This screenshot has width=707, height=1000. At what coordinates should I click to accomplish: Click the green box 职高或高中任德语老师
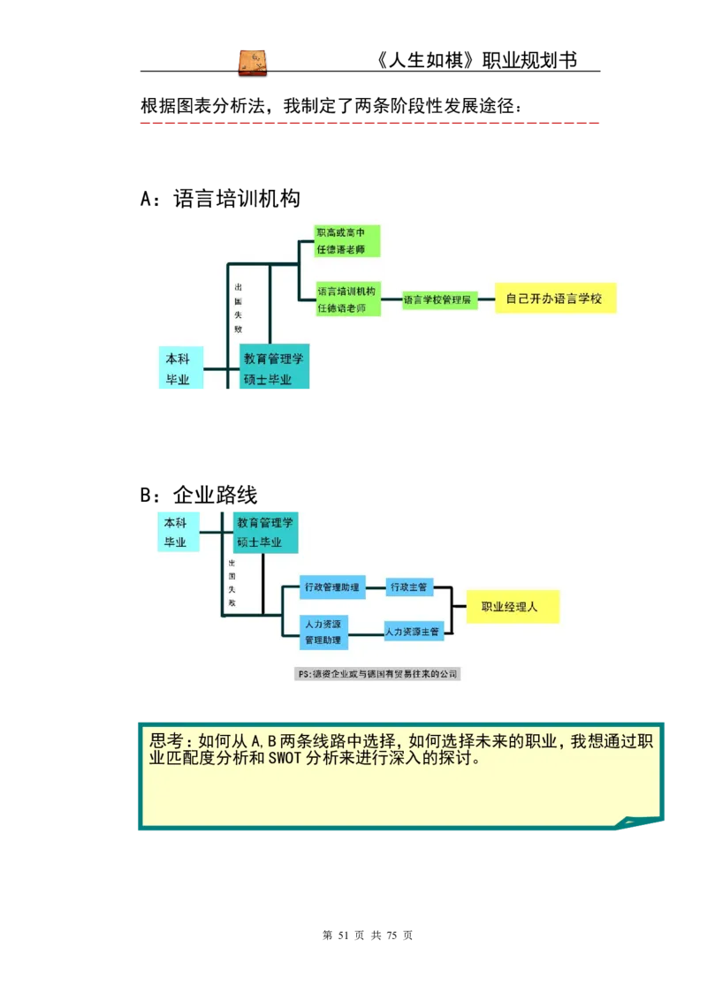(x=347, y=240)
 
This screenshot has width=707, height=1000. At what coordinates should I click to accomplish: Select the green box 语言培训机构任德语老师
(x=347, y=299)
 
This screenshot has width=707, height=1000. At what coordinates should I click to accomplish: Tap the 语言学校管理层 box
(x=438, y=300)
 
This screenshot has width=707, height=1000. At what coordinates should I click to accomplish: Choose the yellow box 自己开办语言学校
(x=554, y=299)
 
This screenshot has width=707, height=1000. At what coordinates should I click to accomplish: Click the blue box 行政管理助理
(x=331, y=587)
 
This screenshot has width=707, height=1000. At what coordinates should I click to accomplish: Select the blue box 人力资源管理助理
(x=323, y=631)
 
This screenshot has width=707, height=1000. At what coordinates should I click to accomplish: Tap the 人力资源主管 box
(x=412, y=632)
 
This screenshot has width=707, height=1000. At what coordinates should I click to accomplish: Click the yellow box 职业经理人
(x=513, y=608)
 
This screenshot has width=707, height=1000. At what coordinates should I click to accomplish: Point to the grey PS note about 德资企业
(x=378, y=674)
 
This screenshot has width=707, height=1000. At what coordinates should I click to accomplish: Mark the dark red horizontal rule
(x=368, y=124)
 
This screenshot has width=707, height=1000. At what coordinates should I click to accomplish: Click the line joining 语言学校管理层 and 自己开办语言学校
(x=485, y=299)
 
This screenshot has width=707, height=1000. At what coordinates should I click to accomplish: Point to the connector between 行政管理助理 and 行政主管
(x=376, y=587)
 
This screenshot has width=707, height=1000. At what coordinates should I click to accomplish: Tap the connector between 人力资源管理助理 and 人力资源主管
(x=366, y=633)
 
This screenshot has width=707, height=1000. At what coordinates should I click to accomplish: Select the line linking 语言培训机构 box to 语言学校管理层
(x=392, y=300)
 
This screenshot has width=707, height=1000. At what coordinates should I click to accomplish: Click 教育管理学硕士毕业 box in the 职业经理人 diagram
(x=264, y=532)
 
